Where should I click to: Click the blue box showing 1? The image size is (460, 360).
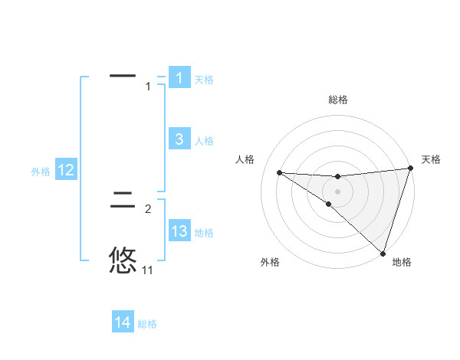point(179,77)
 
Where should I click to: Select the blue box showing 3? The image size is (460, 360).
point(179,139)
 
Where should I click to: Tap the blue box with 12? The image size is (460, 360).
point(66,170)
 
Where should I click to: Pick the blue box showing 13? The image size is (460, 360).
point(179,231)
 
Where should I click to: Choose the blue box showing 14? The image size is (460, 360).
point(123,322)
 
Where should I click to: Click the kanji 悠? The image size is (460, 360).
point(123,260)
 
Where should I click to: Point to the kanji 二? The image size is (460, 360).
point(123,201)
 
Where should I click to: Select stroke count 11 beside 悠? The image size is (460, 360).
point(148,270)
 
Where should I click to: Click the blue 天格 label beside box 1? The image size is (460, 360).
point(204,80)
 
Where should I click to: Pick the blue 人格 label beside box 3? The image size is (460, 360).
point(204,141)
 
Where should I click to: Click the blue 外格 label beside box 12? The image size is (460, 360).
point(41,172)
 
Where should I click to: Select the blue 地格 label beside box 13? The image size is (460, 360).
point(204,233)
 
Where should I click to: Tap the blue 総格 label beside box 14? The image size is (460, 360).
point(147,325)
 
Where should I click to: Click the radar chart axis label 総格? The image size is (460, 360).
point(338,100)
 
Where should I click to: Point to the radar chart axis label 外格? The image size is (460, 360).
point(270,262)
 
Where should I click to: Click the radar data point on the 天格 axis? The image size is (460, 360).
point(411,169)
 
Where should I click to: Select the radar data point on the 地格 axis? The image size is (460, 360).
point(383,253)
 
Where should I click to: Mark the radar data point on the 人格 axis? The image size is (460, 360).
point(279,172)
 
